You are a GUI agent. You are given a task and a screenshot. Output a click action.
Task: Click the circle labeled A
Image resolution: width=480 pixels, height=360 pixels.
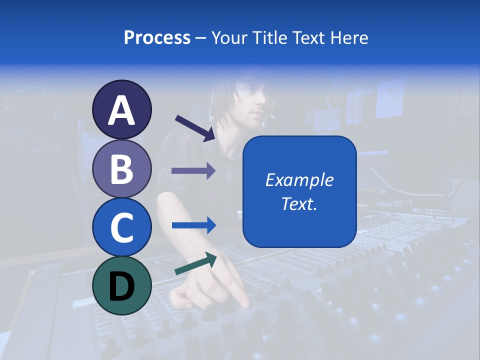(122, 109)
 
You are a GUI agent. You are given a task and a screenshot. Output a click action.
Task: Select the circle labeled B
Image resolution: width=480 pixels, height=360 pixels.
(122, 168)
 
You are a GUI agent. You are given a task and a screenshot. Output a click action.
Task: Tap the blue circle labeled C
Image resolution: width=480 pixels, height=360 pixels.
(122, 227)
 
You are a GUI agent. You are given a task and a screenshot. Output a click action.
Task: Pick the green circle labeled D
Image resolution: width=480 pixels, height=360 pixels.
(122, 285)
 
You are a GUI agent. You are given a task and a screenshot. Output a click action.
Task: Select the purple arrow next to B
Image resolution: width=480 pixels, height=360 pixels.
(193, 171)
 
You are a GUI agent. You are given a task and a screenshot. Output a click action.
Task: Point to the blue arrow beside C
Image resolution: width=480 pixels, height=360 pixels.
(193, 225)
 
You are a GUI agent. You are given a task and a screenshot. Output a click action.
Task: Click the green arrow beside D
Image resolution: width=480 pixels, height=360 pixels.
(195, 263)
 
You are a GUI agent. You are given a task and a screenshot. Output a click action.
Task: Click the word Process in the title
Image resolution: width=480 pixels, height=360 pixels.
(157, 37)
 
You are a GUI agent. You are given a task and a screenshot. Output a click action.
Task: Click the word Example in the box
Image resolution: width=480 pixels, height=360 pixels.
(299, 180)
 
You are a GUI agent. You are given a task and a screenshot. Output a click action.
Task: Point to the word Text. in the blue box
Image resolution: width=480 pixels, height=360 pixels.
(299, 203)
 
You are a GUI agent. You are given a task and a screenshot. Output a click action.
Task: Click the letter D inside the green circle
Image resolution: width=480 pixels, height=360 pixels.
(122, 286)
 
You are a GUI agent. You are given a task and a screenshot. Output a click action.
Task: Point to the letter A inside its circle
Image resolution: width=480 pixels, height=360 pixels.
(122, 110)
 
